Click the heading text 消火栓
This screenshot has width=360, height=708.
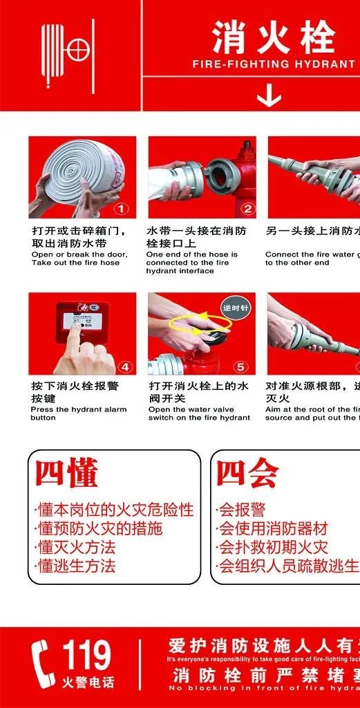pyautogui.click(x=273, y=37)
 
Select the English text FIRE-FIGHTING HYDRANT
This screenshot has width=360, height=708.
pyautogui.click(x=274, y=64)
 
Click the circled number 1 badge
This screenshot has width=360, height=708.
pyautogui.click(x=122, y=207)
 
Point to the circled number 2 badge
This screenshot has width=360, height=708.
pyautogui.click(x=248, y=207)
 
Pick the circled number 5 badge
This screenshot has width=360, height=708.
pyautogui.click(x=240, y=366)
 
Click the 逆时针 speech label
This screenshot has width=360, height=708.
pyautogui.click(x=236, y=306)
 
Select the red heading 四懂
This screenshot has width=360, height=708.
pyautogui.click(x=66, y=474)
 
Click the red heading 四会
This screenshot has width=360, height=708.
pyautogui.click(x=247, y=474)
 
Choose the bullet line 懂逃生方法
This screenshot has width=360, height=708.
pyautogui.click(x=75, y=566)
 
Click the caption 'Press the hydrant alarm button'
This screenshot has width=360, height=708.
pyautogui.click(x=79, y=413)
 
